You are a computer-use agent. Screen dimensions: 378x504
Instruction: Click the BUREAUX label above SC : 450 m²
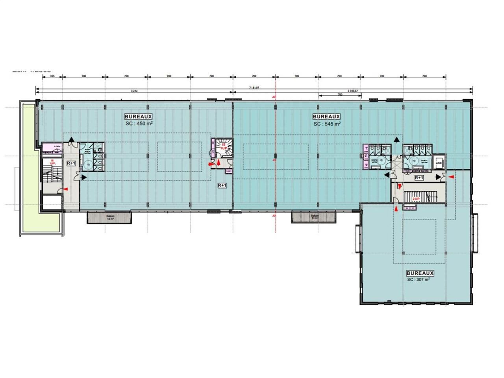pos(138,117)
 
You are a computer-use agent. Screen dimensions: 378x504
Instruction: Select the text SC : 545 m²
pos(327,123)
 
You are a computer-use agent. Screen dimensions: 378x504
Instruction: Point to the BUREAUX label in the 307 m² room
pos(420,273)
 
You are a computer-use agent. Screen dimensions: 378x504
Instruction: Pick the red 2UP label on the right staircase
pos(416,199)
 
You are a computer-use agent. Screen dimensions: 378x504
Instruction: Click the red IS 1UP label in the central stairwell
pos(224,147)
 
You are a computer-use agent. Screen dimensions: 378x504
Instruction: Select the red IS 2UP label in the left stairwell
pos(52,162)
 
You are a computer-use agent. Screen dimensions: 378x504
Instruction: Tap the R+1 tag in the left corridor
pos(71,163)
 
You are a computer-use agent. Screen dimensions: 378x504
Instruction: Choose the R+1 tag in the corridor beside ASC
pos(419,178)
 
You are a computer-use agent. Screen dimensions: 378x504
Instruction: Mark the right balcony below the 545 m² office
pos(313,217)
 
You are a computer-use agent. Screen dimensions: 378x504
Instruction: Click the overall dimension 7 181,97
pos(254,87)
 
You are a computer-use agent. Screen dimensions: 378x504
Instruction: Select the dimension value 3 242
pos(134,91)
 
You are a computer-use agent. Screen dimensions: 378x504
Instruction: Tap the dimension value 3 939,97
pos(352,91)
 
